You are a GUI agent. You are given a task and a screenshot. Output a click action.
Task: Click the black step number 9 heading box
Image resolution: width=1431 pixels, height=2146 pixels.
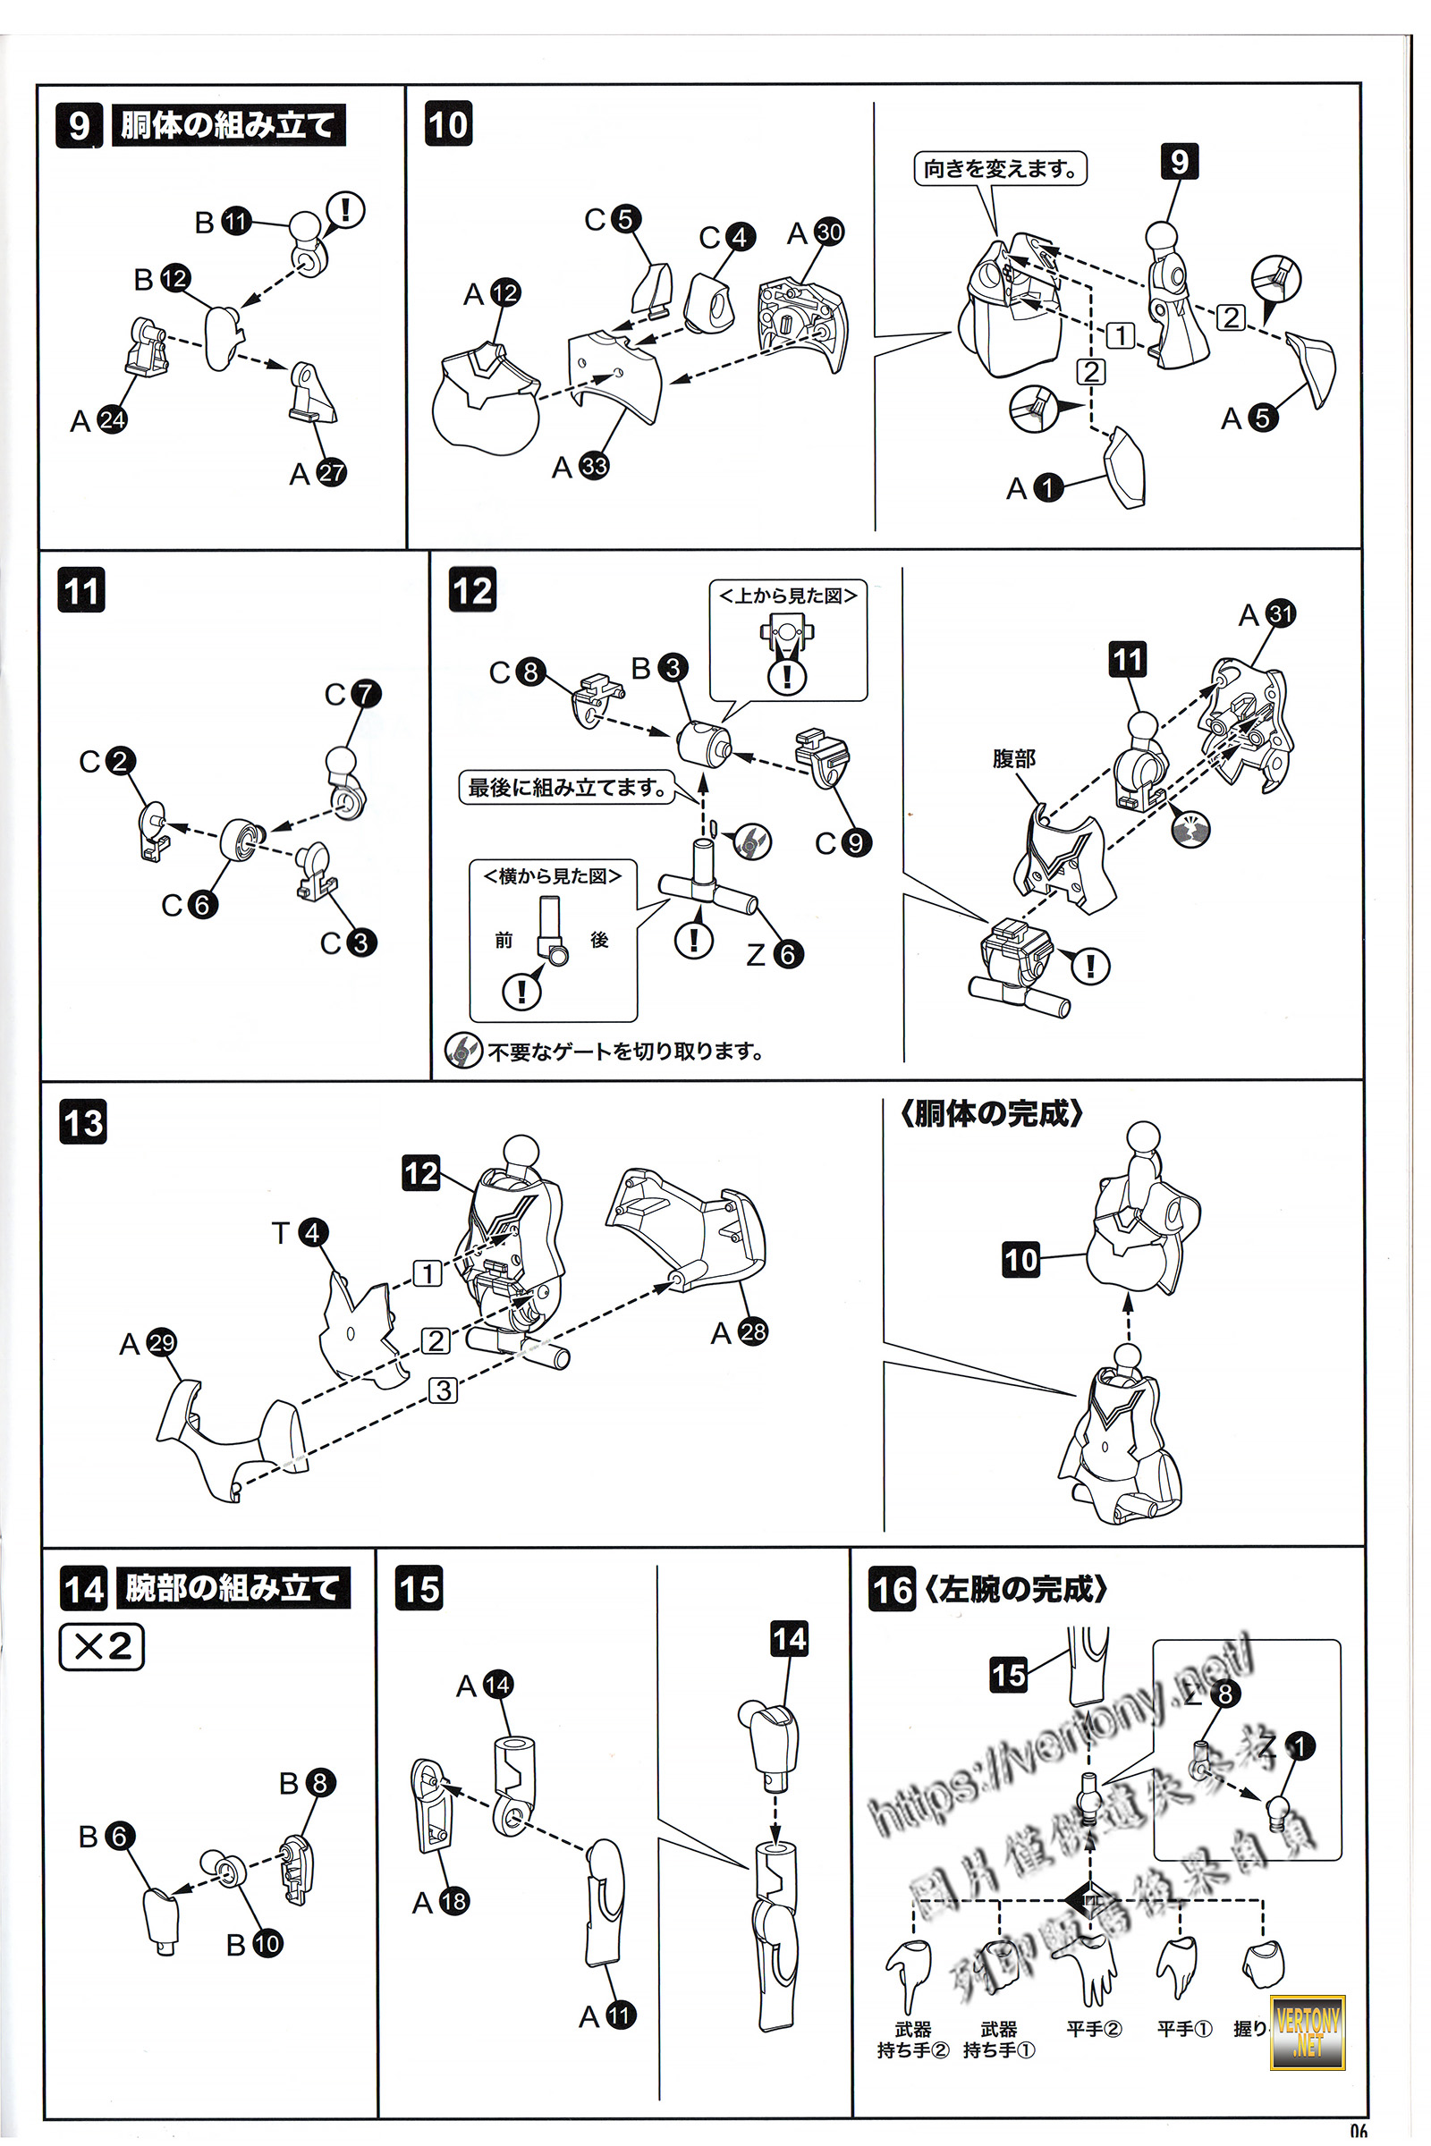point(80,125)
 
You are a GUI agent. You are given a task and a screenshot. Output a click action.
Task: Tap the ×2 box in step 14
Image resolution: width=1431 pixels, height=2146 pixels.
point(101,1646)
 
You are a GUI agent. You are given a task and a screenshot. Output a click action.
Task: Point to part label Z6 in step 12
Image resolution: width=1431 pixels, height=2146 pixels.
point(775,954)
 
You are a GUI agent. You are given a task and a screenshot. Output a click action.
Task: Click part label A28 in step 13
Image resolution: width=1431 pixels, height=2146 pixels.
point(740,1332)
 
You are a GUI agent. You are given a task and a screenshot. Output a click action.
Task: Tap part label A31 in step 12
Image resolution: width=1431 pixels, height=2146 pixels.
point(1267,614)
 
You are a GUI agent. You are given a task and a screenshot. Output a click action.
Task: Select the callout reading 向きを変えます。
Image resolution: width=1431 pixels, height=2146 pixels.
point(1000,169)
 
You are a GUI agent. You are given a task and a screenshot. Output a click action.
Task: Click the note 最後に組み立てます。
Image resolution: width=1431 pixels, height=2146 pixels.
point(567,787)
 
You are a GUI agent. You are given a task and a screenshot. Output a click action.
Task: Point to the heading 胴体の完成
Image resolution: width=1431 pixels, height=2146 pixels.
point(991,1113)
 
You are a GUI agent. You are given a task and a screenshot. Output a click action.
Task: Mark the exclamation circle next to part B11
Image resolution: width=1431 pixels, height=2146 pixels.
point(346,210)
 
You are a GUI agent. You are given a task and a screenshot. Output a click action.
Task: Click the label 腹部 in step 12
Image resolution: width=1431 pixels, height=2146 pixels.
point(1014,758)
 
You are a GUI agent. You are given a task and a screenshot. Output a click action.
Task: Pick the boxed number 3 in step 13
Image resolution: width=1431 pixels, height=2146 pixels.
point(444,1390)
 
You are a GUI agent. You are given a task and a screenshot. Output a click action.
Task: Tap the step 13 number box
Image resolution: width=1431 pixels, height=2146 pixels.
point(83,1122)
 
